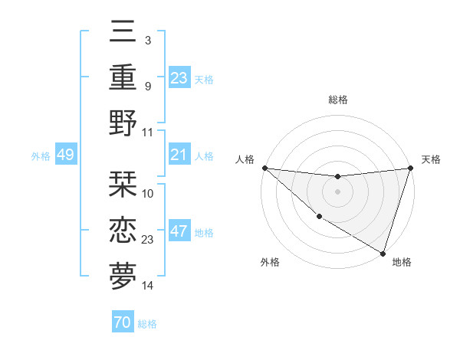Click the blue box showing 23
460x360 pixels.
pos(179,77)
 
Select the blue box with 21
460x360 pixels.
pos(179,155)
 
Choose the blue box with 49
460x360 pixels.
pos(66,155)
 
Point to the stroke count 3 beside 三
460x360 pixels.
pos(147,40)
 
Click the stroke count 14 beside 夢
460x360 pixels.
pos(148,286)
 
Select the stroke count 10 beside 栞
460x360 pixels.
pos(148,194)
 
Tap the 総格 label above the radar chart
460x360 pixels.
pos(337,100)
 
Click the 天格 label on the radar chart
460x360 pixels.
pos(431,159)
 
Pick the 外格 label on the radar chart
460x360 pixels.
pos(270,263)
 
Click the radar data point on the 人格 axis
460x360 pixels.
pos(264,168)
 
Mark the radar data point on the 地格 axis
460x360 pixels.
pos(383,253)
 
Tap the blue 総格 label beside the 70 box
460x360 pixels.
pos(148,324)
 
